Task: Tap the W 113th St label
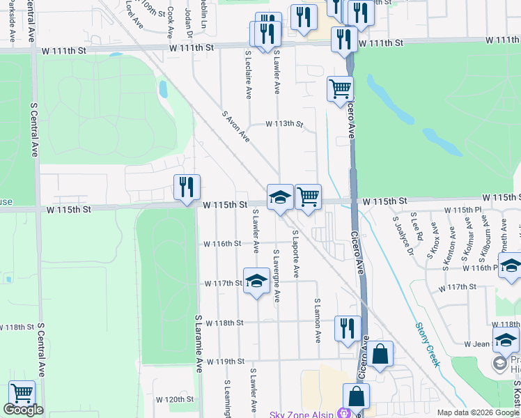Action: pyautogui.click(x=284, y=125)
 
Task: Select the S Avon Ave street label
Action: pyautogui.click(x=235, y=127)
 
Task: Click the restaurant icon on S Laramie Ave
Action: pyautogui.click(x=187, y=187)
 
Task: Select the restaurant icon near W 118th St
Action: pyautogui.click(x=347, y=328)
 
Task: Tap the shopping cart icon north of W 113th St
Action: pyautogui.click(x=340, y=88)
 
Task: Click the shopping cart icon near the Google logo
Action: pyautogui.click(x=22, y=394)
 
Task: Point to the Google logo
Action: pyautogui.click(x=23, y=410)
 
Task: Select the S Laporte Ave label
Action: pyautogui.click(x=295, y=254)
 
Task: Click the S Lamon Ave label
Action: pyautogui.click(x=317, y=321)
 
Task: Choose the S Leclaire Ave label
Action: pyautogui.click(x=248, y=74)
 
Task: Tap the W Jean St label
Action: pyautogui.click(x=474, y=344)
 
